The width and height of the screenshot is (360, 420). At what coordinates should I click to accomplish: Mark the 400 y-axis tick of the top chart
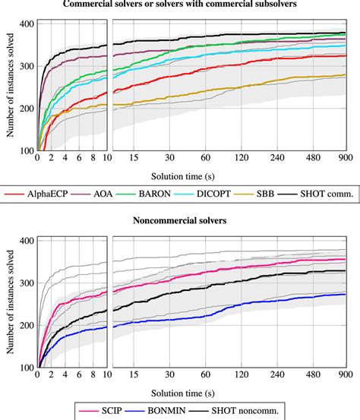coord(24,24)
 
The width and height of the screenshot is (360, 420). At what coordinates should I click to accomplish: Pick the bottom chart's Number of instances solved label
coord(8,304)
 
